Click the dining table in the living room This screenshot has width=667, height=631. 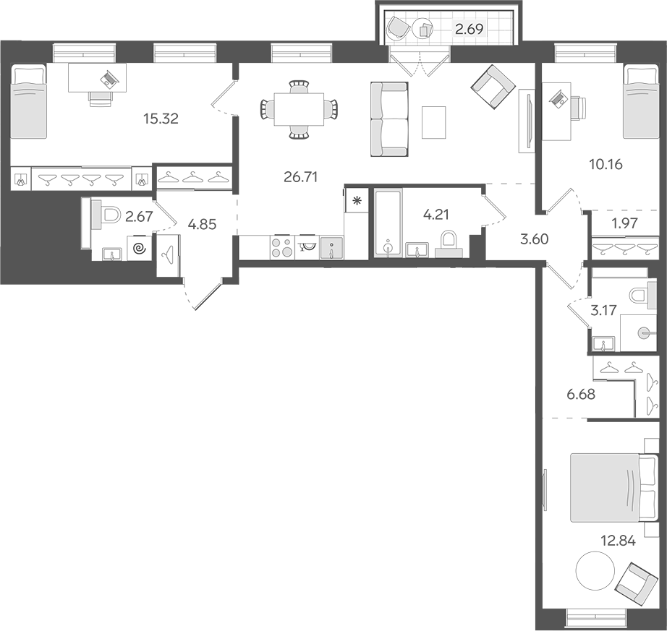[298, 108]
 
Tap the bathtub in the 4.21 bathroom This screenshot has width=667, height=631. [388, 222]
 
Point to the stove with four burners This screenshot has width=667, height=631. [281, 247]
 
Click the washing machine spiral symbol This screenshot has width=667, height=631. [140, 249]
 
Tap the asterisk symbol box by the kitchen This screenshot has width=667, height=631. [356, 200]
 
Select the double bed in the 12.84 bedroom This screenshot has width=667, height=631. [603, 486]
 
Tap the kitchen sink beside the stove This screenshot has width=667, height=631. [331, 247]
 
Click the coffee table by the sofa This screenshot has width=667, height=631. [435, 122]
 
